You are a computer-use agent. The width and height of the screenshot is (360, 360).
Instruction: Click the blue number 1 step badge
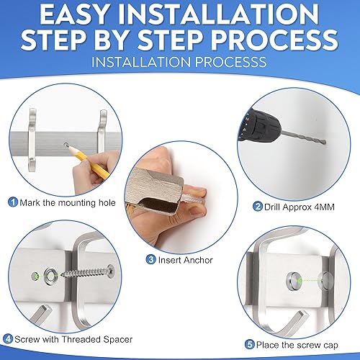pyautogui.click(x=13, y=202)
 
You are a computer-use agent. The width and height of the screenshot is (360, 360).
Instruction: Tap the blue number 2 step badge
pyautogui.click(x=258, y=207)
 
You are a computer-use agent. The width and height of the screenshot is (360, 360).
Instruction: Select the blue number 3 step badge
pyautogui.click(x=151, y=259)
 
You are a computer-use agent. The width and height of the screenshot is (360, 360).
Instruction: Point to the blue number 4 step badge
pyautogui.click(x=8, y=339)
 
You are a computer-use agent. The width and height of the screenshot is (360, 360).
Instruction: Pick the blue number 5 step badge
pyautogui.click(x=250, y=345)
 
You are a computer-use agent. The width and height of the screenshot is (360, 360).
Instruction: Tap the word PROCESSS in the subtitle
pyautogui.click(x=230, y=62)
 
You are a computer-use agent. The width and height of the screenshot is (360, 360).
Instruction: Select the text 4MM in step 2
pyautogui.click(x=324, y=207)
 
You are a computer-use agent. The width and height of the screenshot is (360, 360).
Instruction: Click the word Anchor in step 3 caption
pyautogui.click(x=199, y=260)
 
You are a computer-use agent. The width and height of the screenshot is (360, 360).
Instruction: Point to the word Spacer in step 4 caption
pyautogui.click(x=118, y=340)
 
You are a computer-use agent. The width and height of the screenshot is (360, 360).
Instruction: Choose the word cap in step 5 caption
pyautogui.click(x=330, y=346)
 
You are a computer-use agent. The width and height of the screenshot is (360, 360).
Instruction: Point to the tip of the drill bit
pyautogui.click(x=325, y=143)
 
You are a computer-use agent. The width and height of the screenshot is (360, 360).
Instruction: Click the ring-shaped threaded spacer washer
pyautogui.click(x=50, y=276)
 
